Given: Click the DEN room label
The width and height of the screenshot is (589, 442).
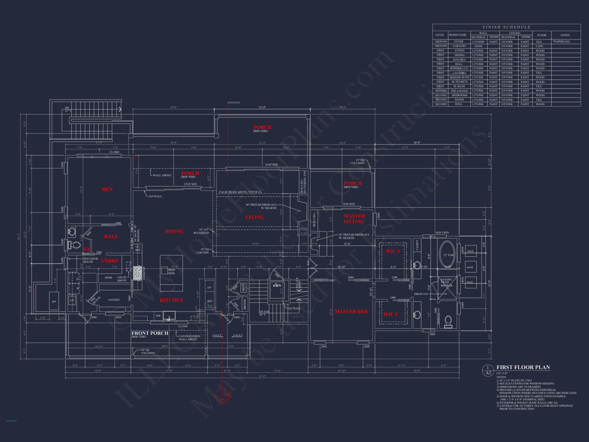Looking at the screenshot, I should coord(107,189).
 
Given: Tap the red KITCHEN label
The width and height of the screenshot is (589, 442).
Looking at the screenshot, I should coord(171,300).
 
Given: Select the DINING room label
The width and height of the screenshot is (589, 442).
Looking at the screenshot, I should coord(174,231).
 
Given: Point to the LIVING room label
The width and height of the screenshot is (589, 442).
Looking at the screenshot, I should coord(255,217).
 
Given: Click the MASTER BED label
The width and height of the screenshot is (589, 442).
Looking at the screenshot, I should coord(351,311).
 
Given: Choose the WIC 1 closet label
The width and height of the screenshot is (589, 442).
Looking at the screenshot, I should coord(393,251).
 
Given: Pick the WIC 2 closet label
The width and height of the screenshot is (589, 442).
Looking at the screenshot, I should coord(390,314).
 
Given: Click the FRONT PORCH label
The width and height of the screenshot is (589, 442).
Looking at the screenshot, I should coord(150,333).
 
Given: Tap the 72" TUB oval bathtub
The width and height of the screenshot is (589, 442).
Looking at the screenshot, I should coord(447,254).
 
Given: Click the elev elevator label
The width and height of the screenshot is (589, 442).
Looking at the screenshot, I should coord(277,285).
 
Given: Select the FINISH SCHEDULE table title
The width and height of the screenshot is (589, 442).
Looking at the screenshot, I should coord(507,27).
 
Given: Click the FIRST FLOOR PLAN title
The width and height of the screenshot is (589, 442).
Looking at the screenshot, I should coord(523,367).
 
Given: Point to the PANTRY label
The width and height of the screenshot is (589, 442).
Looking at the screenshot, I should coord(114,300).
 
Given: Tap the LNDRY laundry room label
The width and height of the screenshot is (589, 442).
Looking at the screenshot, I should coord(110,261).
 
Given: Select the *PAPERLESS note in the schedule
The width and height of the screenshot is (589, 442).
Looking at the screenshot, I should coord(561,42).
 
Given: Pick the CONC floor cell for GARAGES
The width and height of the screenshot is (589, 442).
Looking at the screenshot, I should coord(540,46).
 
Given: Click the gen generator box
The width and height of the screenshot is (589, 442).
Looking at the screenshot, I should coord(54,301).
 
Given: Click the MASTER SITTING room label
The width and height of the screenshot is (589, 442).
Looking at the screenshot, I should coord(354,219).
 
